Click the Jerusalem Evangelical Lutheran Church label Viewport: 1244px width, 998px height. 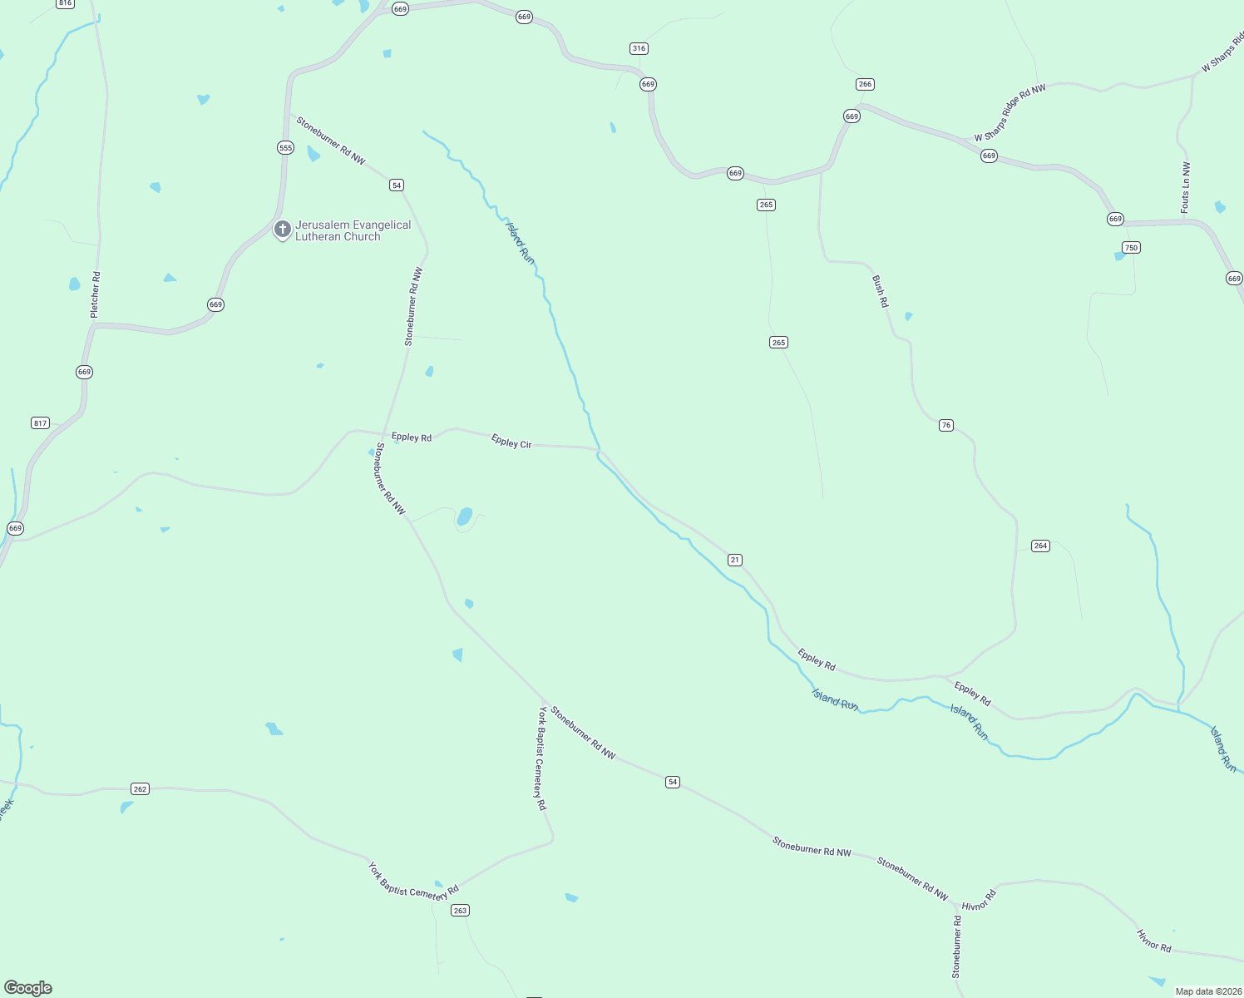(353, 230)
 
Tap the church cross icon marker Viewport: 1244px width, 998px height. (282, 229)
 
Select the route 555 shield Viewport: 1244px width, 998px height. (285, 148)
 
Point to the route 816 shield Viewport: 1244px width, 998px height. (65, 3)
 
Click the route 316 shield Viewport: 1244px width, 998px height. (639, 48)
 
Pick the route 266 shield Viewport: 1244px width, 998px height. (865, 84)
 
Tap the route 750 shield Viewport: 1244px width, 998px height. (1130, 247)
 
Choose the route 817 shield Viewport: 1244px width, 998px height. (40, 423)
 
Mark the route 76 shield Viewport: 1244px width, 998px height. (945, 425)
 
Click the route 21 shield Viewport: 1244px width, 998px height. (734, 560)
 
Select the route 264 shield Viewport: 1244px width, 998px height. (1040, 546)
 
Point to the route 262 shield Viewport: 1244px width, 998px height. (140, 788)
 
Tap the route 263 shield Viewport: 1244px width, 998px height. (460, 911)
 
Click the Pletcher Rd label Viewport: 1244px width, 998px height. (95, 294)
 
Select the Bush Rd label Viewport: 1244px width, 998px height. (880, 292)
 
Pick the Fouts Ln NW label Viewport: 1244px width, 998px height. (1186, 187)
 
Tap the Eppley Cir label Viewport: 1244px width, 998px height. (511, 442)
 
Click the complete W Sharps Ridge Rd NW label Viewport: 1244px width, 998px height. (1010, 112)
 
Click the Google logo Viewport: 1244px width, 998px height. (28, 988)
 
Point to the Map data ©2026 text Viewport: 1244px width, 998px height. (1208, 991)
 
